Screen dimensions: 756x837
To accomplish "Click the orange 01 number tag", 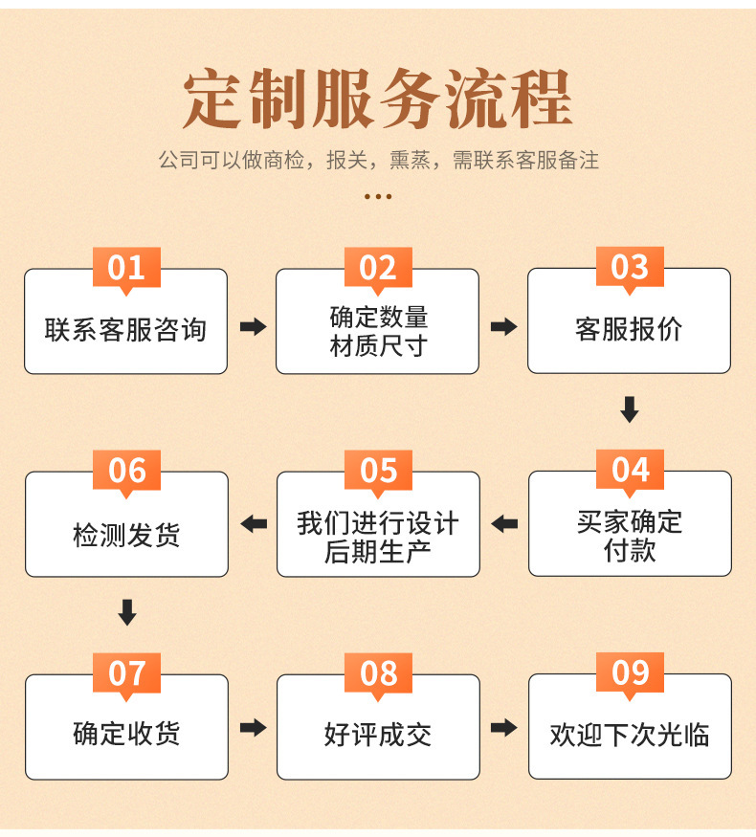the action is coord(125,267).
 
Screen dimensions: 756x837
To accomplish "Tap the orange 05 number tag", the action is coord(378,471).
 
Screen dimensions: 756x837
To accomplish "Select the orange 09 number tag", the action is coord(630,673).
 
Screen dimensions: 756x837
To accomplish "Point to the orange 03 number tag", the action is coord(630,267).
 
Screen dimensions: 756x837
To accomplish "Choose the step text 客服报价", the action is coord(629,330).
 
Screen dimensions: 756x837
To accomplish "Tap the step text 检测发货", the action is coord(126,534).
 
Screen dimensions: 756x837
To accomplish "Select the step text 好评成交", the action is coord(378,735).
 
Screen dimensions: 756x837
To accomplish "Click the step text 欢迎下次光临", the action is coord(629,735).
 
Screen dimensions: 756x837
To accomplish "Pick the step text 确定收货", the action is coord(126,735).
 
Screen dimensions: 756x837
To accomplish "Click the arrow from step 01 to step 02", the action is coord(253,327).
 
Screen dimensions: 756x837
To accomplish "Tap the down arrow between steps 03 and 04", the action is coord(629,409).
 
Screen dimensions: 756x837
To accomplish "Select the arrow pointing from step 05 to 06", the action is coord(253,524).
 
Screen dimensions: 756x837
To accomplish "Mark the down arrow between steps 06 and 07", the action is coord(126,612).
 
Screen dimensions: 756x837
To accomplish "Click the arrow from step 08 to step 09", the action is coord(503,728).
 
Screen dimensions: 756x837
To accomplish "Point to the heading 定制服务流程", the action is coord(378,99).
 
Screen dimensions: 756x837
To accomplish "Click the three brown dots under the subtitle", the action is coord(378,197).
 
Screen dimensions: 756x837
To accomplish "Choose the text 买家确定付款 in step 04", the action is coord(629,536).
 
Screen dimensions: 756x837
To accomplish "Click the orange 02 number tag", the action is coord(378,267).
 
